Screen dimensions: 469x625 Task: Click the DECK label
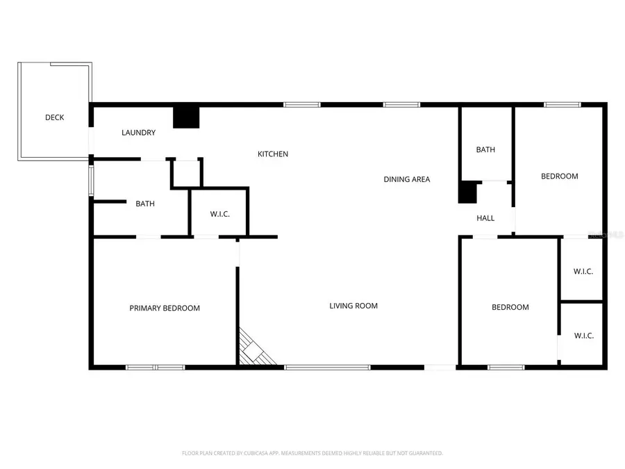55,117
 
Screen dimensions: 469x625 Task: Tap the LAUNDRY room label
138,133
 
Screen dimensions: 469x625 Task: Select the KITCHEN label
273,154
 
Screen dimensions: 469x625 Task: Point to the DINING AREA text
407,179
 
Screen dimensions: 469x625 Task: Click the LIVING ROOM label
353,306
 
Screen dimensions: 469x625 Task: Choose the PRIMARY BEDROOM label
165,308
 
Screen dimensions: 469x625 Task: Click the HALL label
485,218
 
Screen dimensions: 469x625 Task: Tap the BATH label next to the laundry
145,204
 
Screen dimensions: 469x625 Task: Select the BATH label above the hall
485,149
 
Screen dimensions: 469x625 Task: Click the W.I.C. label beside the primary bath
219,214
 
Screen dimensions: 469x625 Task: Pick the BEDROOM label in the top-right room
560,176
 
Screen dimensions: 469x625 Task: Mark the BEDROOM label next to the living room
510,307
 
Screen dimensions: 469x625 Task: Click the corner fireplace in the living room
254,349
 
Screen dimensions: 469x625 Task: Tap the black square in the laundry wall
186,117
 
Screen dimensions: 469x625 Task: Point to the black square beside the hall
468,192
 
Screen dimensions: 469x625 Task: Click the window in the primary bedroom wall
155,367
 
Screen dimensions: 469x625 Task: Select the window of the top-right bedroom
562,105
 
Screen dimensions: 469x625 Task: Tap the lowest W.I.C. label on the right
584,336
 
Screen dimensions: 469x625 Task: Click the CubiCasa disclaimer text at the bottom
312,453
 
